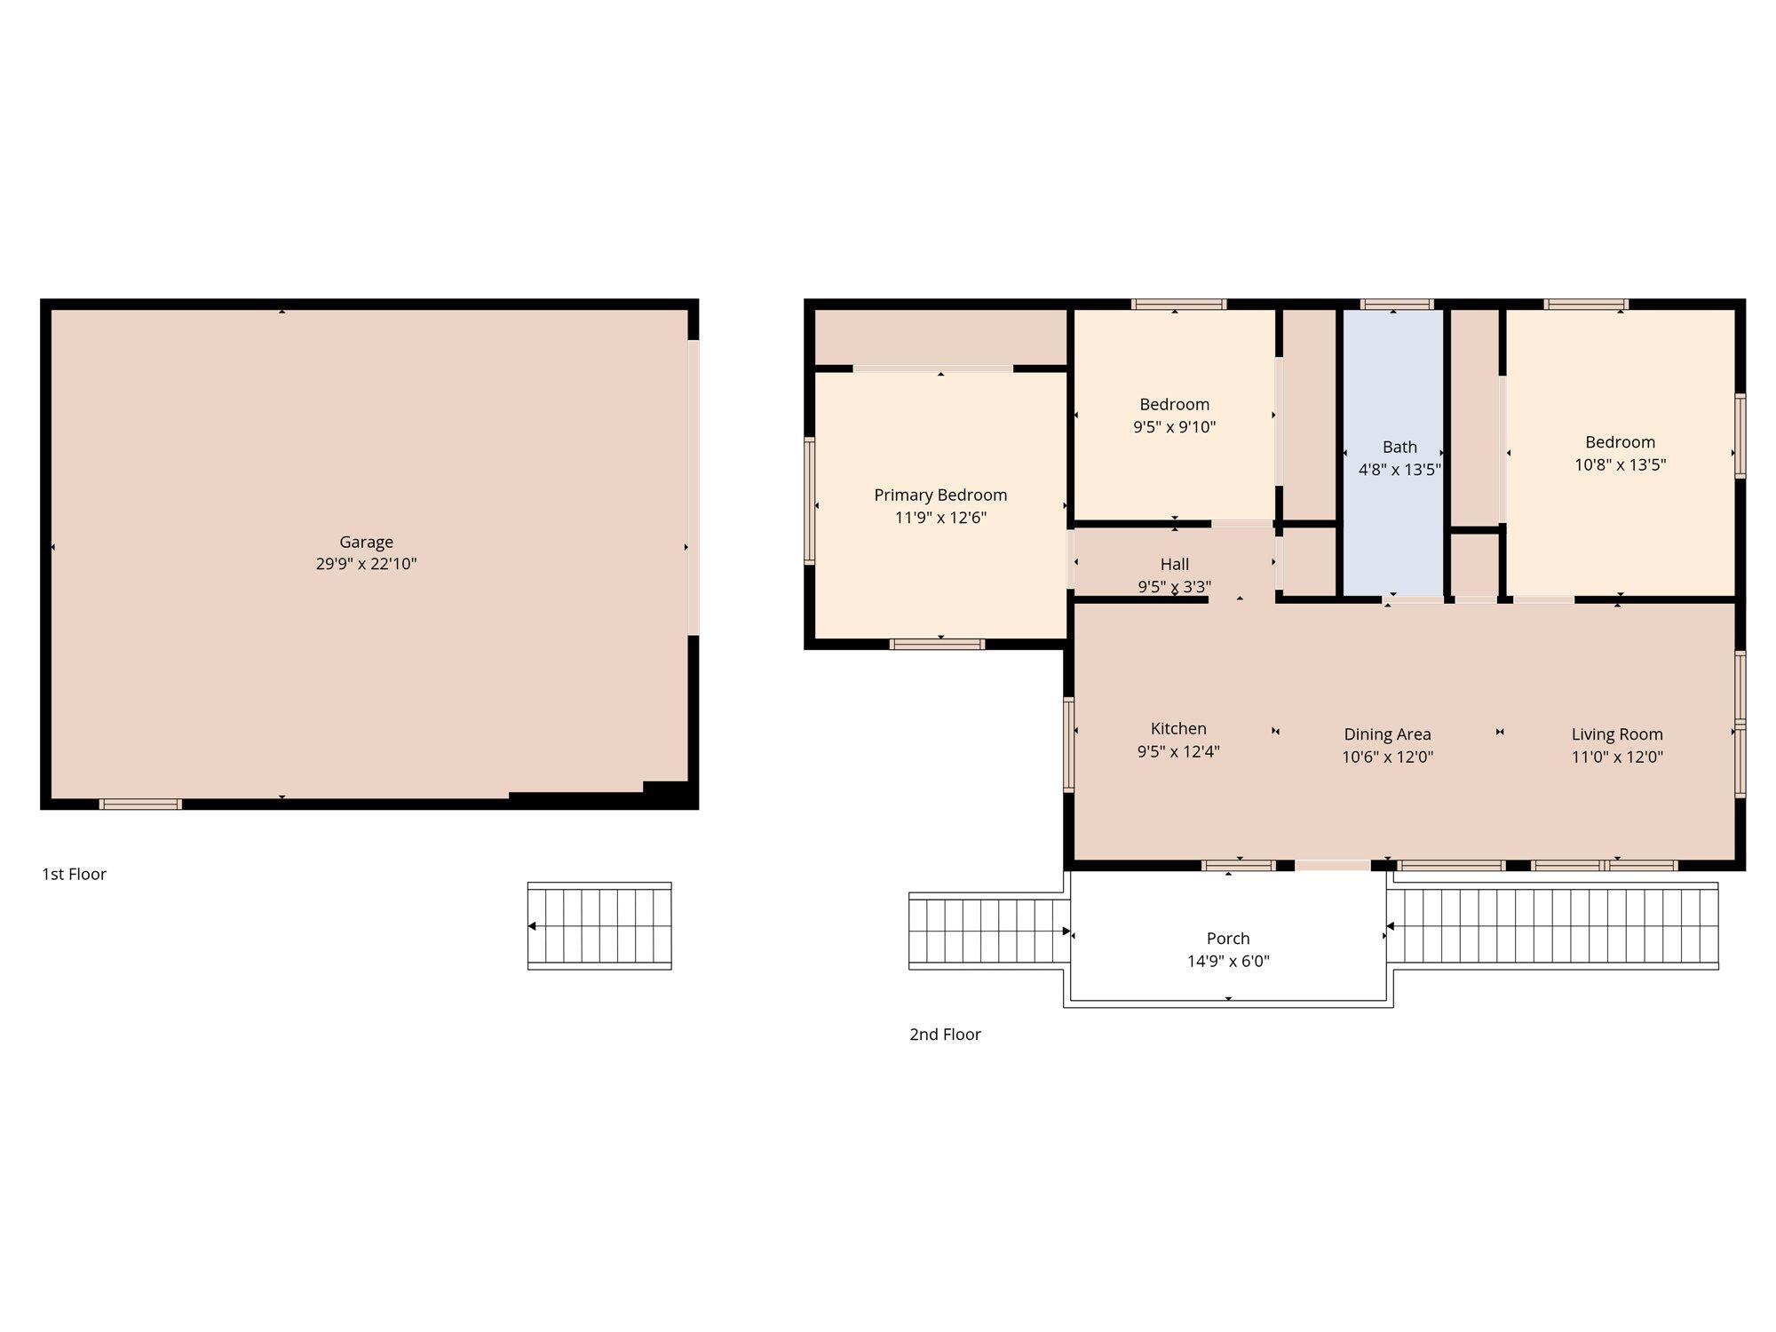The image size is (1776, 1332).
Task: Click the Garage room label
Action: click(x=366, y=542)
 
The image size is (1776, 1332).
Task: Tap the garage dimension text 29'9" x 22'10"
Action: click(x=366, y=564)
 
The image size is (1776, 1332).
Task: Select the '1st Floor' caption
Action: click(x=74, y=874)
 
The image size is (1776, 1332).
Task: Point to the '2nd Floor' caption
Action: click(x=945, y=1034)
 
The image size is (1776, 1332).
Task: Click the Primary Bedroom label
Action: click(x=940, y=495)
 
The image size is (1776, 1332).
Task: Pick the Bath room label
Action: click(x=1399, y=447)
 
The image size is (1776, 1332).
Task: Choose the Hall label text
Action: click(x=1174, y=564)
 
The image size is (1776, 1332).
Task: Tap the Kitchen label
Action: click(x=1178, y=728)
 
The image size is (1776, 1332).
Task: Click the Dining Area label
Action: click(x=1387, y=734)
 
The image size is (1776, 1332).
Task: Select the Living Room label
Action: click(x=1617, y=734)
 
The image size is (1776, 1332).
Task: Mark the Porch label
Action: click(x=1228, y=939)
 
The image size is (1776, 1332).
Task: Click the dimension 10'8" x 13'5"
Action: click(x=1621, y=464)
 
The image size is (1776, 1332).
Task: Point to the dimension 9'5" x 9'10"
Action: click(x=1174, y=427)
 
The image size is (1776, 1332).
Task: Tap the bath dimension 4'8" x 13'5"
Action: click(x=1399, y=470)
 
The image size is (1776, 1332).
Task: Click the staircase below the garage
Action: click(x=599, y=926)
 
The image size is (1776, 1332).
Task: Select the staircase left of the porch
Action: click(x=987, y=931)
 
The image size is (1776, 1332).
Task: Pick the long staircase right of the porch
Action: click(x=1553, y=926)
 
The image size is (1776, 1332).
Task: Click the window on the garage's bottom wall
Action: click(x=140, y=805)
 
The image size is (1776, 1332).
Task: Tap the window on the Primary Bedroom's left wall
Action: click(x=810, y=501)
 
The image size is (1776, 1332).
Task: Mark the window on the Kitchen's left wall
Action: click(x=1069, y=744)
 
